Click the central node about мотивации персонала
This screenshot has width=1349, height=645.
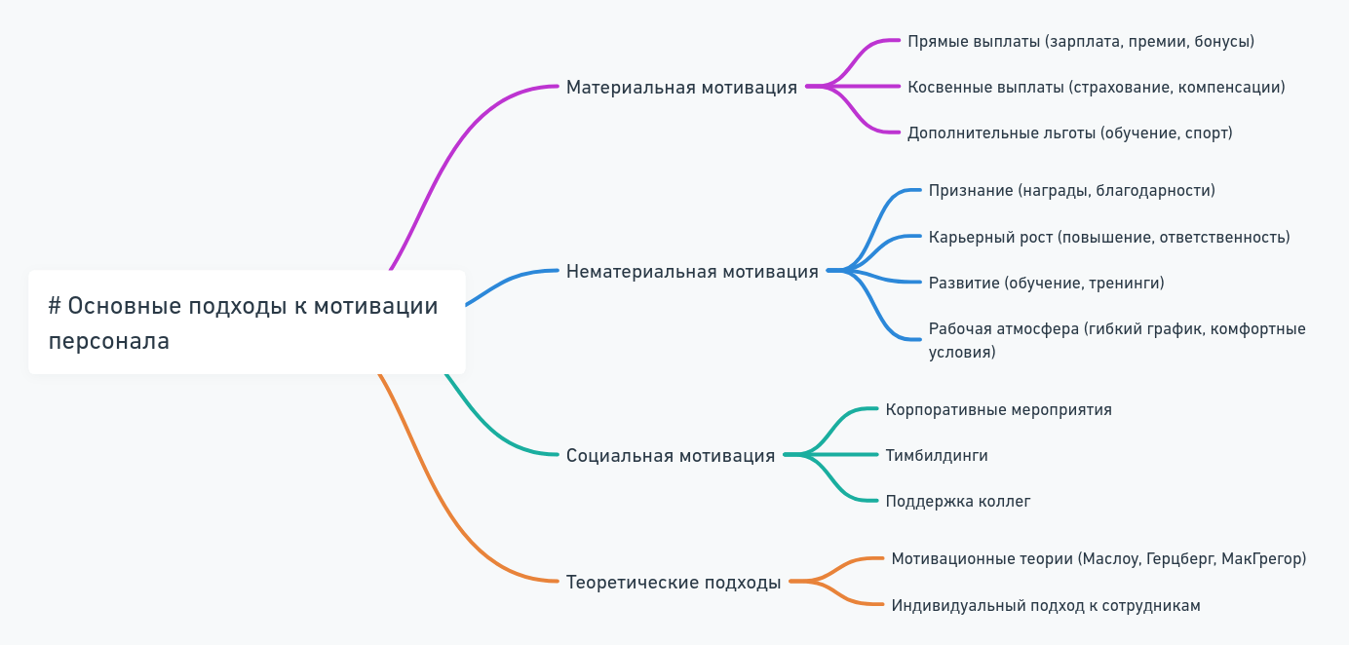(x=247, y=322)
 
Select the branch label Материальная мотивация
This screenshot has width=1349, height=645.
(x=681, y=88)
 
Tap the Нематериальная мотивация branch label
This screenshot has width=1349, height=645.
(x=692, y=272)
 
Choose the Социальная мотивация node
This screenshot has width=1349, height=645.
(x=671, y=456)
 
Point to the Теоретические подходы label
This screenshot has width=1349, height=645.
(x=674, y=583)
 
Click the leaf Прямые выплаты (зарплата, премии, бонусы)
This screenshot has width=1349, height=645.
(x=1080, y=42)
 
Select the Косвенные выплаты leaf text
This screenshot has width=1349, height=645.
(x=1096, y=88)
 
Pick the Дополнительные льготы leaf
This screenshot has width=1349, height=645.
(x=1069, y=133)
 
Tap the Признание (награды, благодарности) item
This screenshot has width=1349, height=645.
(x=1071, y=191)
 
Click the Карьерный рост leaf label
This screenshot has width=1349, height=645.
(x=1108, y=238)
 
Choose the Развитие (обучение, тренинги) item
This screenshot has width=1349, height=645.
(x=1046, y=284)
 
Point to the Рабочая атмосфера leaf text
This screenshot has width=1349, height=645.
(x=1116, y=340)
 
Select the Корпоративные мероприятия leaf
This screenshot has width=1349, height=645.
(x=998, y=410)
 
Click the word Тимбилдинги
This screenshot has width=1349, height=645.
(x=936, y=456)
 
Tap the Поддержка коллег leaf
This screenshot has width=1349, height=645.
(x=957, y=502)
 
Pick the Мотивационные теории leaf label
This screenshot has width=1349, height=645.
(x=1098, y=559)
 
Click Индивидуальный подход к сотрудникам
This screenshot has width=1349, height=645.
(x=1045, y=606)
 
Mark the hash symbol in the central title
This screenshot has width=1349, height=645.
(x=55, y=306)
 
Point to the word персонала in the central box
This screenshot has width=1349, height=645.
(x=108, y=342)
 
